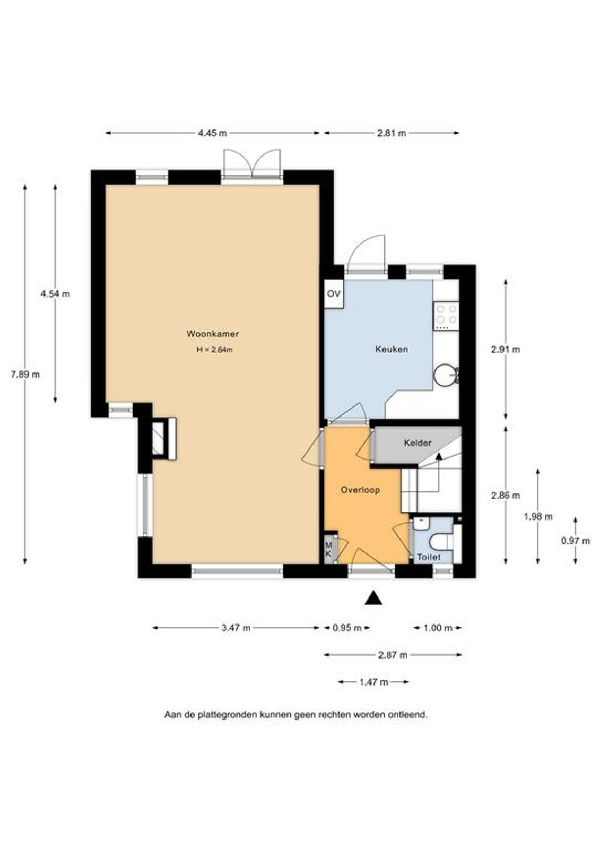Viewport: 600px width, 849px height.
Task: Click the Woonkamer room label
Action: (x=212, y=334)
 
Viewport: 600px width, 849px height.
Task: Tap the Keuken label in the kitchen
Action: (x=392, y=349)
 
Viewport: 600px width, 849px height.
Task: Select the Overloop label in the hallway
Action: (x=360, y=490)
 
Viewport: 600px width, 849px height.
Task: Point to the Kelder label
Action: (x=418, y=443)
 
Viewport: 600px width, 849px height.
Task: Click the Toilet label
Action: (x=429, y=557)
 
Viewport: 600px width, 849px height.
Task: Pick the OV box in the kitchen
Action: (x=334, y=294)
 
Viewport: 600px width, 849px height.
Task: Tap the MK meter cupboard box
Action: (x=328, y=549)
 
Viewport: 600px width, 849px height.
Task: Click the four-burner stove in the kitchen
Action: (x=446, y=315)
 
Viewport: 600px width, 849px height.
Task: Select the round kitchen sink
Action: (x=446, y=375)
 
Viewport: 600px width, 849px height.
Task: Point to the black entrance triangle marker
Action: (x=373, y=597)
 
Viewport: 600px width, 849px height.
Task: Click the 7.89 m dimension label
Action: (x=25, y=375)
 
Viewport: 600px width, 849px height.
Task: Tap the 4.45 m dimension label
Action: (x=212, y=133)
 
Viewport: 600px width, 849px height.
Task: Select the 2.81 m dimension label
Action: (x=392, y=133)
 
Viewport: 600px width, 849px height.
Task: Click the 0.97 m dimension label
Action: (x=576, y=541)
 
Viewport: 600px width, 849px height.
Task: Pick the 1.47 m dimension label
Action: (x=373, y=682)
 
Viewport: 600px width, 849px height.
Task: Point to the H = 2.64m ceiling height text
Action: (x=214, y=350)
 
